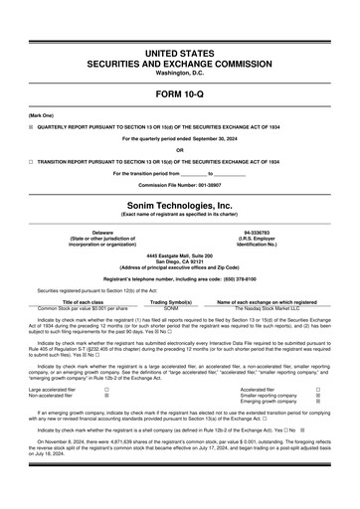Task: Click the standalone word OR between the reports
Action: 179,150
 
